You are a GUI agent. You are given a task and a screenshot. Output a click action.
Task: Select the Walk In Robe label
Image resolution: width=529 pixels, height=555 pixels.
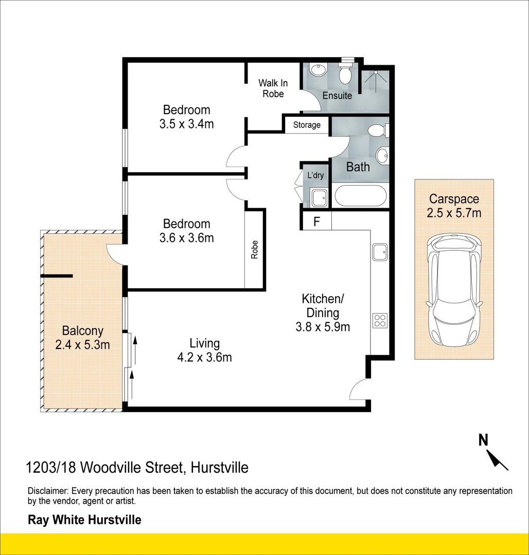(x=273, y=88)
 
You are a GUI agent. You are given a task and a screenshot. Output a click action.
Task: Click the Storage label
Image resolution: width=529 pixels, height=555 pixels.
(x=307, y=125)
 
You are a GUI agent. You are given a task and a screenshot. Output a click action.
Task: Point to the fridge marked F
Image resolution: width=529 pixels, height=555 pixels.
(x=316, y=222)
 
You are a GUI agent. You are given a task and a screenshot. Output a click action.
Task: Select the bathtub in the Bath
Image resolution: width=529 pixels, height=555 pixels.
(x=359, y=196)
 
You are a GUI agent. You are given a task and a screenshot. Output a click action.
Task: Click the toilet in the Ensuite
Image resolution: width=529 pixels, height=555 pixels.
(x=345, y=75)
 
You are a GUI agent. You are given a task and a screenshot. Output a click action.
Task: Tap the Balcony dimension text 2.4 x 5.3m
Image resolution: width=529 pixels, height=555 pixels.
(x=82, y=345)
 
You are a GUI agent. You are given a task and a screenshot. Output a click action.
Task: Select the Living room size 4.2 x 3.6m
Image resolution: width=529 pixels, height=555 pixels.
(x=204, y=357)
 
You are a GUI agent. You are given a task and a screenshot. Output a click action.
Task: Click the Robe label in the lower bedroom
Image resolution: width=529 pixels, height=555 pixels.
(x=254, y=250)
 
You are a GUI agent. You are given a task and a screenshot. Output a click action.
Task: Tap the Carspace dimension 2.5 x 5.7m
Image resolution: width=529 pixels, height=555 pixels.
(x=454, y=212)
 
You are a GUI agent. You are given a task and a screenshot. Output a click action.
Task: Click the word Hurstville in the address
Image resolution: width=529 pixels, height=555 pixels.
(x=219, y=468)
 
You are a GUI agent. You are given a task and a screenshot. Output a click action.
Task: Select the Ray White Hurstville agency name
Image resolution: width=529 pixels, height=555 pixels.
(x=84, y=520)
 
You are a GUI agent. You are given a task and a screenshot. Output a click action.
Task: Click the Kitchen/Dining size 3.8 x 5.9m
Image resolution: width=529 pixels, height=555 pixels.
(x=323, y=326)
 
